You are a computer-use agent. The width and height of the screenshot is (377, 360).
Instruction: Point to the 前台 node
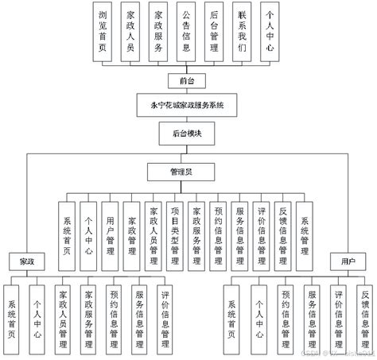(x=187, y=81)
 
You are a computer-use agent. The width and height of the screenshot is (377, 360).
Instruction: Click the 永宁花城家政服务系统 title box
(x=187, y=106)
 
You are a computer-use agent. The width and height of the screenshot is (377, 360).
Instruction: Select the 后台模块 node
(x=187, y=134)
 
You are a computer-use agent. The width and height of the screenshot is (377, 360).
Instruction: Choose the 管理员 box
(x=187, y=171)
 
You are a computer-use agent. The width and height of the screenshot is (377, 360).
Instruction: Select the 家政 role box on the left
(x=28, y=261)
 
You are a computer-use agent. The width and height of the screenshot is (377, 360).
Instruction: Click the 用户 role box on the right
(x=347, y=261)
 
